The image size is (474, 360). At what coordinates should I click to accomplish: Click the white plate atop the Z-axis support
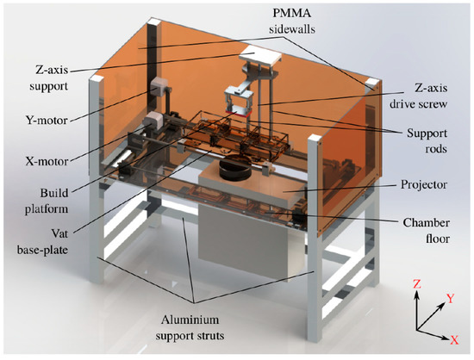[258, 55]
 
